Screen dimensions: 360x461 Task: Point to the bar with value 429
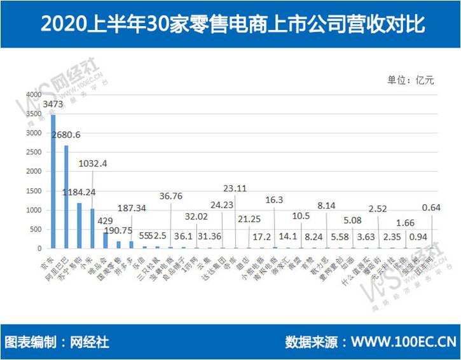point(106,240)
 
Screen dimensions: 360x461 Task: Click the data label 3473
point(53,103)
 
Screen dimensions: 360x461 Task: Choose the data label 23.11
point(235,188)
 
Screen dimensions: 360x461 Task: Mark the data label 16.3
point(275,200)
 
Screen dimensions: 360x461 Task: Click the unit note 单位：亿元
point(410,80)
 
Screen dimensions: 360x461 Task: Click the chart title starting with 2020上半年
point(230,24)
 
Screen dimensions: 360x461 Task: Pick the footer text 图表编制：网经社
point(57,342)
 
